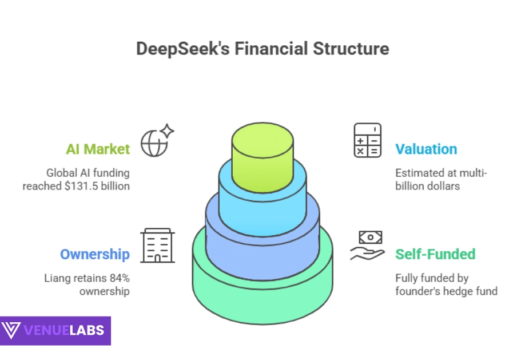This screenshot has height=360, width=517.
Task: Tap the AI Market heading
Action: [98, 149]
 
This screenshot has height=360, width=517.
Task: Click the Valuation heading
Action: [426, 149]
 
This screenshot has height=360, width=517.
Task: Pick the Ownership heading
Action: [95, 254]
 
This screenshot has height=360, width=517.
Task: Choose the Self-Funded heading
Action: [435, 254]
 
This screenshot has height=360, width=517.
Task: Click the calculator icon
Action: [367, 140]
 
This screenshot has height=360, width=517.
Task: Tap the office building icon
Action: [157, 246]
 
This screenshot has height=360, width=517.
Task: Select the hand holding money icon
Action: [367, 245]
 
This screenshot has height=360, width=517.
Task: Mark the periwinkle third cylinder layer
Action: [263, 232]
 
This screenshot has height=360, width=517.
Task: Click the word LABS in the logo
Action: [86, 330]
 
